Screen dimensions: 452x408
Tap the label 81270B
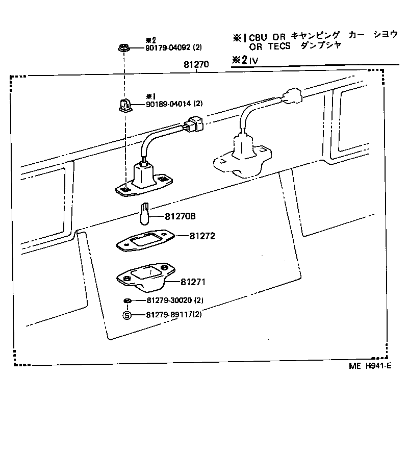180,217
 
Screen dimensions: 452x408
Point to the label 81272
202,236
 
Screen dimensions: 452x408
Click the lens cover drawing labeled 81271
145,278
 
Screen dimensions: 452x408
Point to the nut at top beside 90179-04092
122,48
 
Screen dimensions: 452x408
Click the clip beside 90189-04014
122,105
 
